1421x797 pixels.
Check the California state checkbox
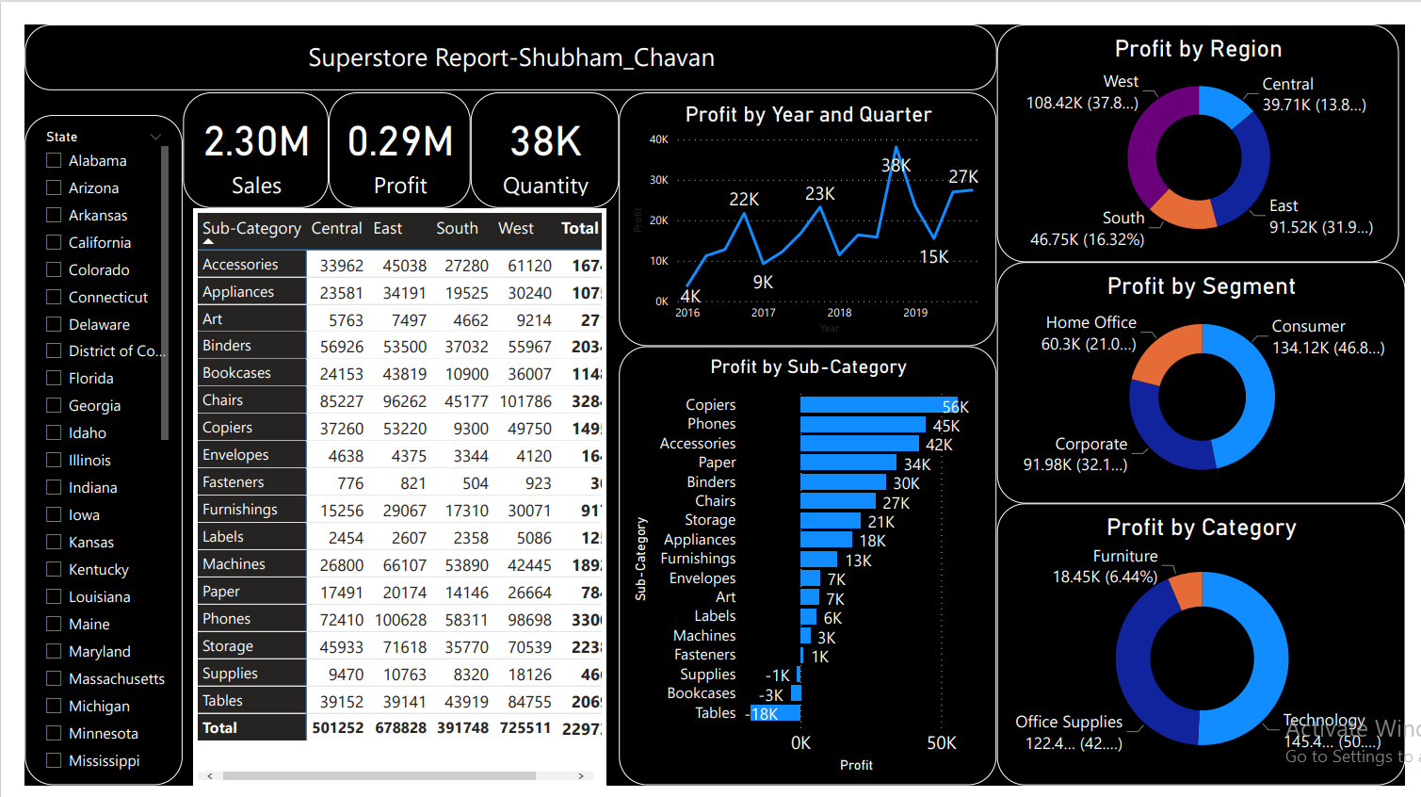[x=54, y=242]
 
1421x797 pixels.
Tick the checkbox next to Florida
[x=54, y=378]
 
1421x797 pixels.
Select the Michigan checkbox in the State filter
[x=54, y=706]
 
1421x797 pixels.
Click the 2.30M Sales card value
[x=256, y=142]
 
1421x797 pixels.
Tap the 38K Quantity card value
[x=545, y=142]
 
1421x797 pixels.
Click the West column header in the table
[x=515, y=228]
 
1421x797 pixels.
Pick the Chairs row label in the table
[x=223, y=400]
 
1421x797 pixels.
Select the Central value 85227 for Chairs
[x=341, y=401]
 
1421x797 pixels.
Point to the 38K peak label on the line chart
[x=896, y=166]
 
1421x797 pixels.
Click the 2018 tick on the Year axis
[x=839, y=313]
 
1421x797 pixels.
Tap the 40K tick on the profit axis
[x=658, y=139]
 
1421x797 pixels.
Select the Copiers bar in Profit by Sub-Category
[x=876, y=405]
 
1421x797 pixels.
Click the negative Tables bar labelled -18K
[x=775, y=713]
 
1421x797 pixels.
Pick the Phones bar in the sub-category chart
[x=862, y=425]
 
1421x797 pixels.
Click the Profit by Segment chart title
[x=1201, y=286]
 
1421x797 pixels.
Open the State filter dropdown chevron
[x=155, y=138]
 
